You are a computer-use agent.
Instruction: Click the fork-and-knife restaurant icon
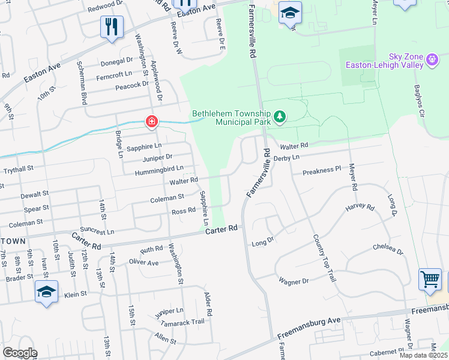[112, 26]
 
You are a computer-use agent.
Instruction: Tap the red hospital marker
[152, 122]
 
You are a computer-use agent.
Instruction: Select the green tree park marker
[279, 116]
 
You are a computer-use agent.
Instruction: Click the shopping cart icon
[430, 279]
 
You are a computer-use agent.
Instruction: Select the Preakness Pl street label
[321, 171]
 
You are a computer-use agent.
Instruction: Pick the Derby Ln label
[286, 157]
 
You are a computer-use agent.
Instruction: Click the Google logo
[20, 353]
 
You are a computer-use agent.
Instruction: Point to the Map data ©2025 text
[424, 355]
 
